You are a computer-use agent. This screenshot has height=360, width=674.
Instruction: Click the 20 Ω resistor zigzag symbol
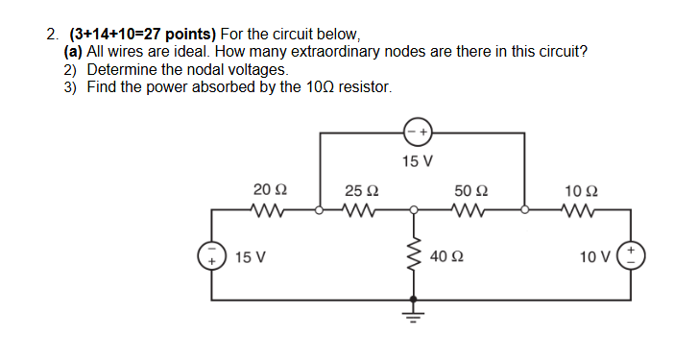point(264,207)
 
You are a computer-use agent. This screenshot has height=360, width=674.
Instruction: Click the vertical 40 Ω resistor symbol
point(415,256)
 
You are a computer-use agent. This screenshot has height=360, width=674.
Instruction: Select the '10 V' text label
point(600,257)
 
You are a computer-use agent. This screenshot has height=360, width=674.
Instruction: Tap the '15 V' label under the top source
point(417,160)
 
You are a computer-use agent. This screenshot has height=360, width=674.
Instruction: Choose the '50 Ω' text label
point(471,189)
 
